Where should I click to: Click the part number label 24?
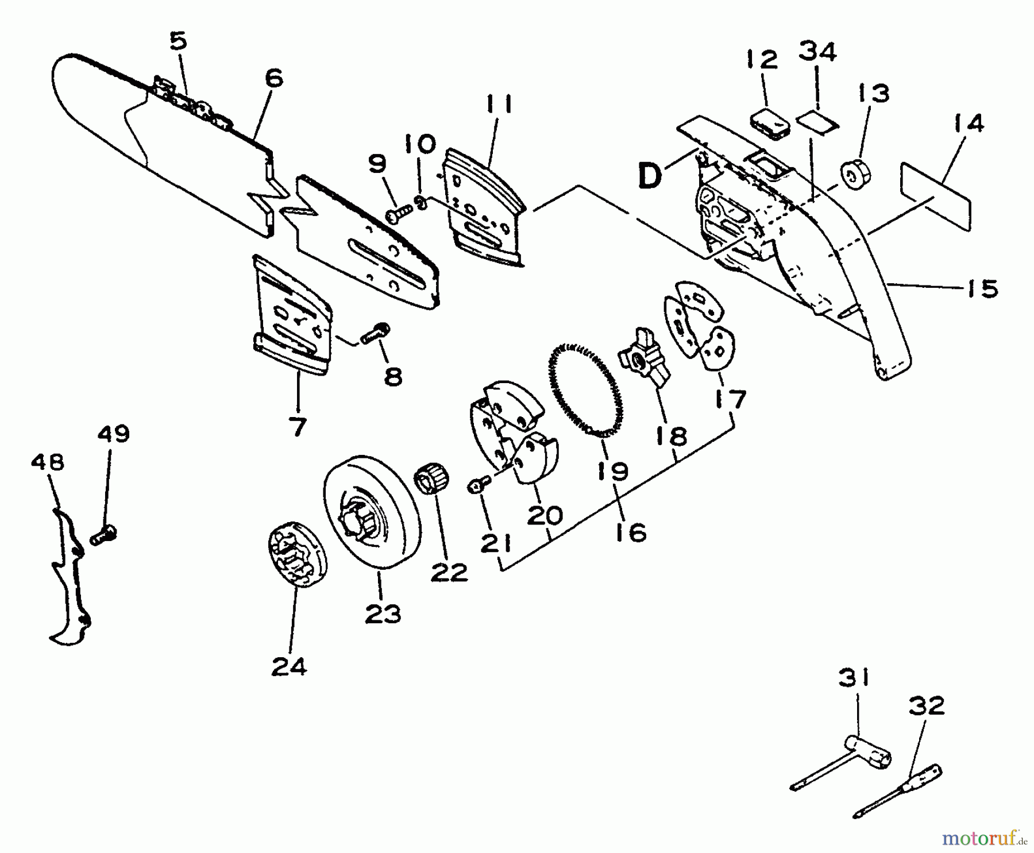coord(289,667)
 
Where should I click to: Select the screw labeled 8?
coord(376,334)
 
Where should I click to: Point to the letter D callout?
coord(651,176)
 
